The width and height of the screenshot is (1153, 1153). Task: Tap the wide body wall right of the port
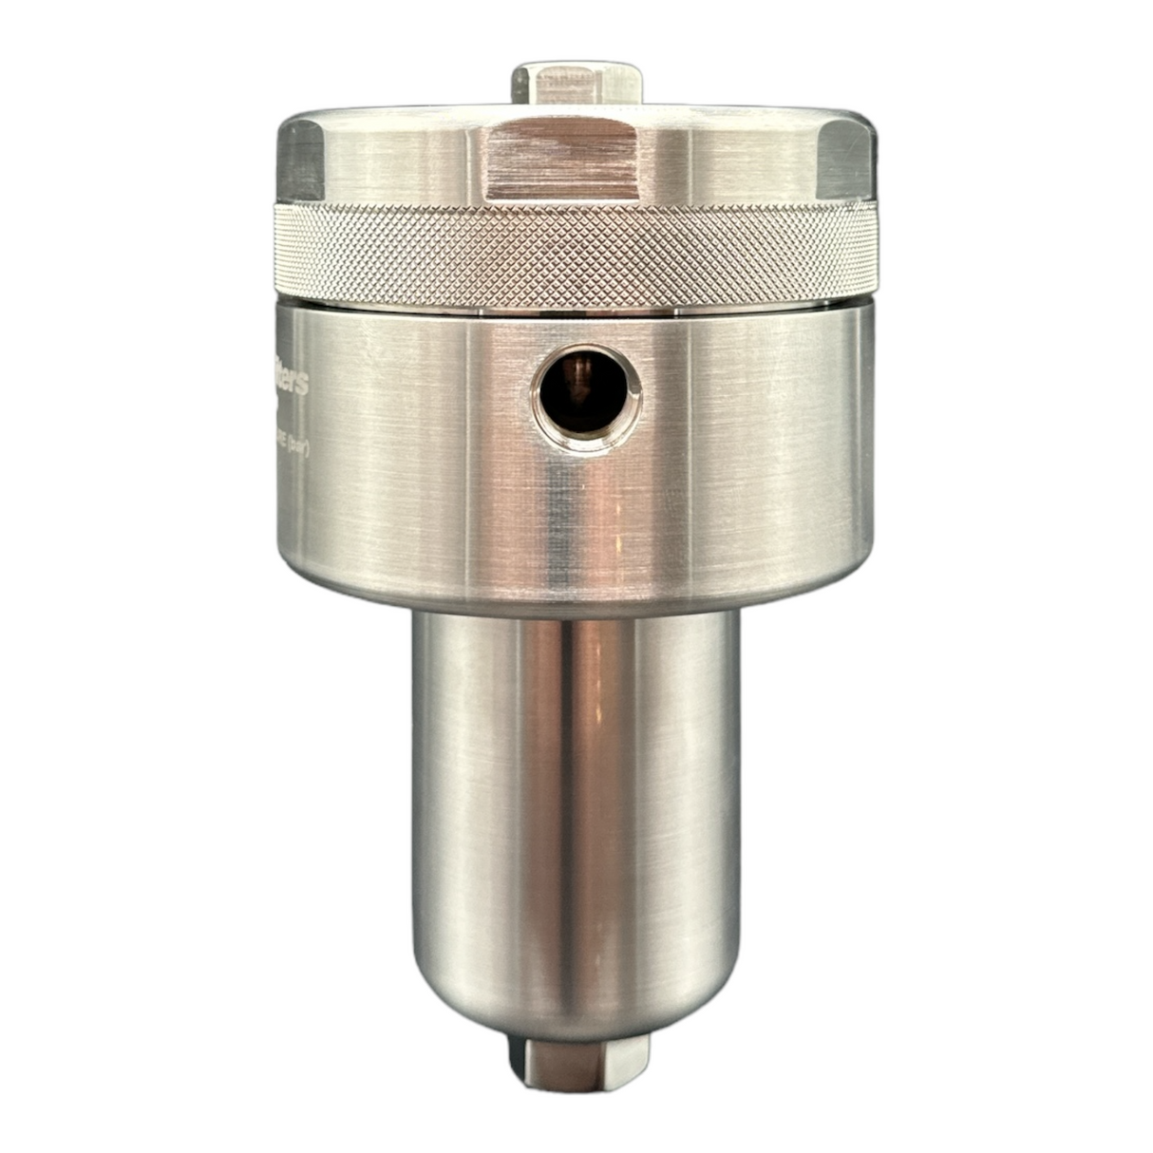(760, 437)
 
